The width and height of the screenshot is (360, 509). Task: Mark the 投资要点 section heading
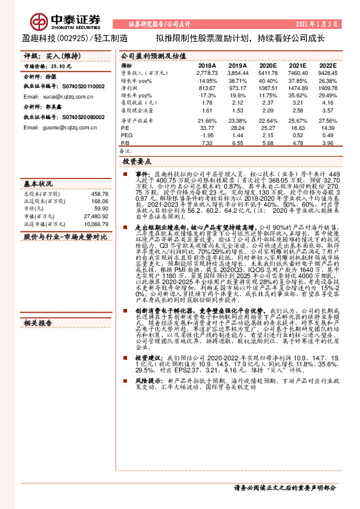(x=137, y=162)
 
